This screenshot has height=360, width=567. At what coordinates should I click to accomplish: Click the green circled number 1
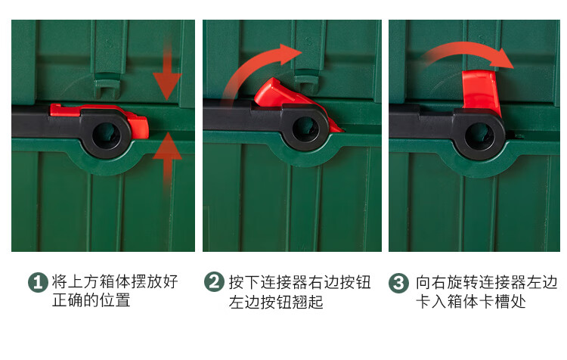38,283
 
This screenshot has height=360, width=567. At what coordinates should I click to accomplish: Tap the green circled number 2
214,282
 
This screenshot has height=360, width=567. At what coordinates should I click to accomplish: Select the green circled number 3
398,283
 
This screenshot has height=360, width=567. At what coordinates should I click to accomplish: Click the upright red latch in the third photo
481,92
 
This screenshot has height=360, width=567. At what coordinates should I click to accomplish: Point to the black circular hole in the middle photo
305,129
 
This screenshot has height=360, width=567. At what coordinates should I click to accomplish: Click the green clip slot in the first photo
107,85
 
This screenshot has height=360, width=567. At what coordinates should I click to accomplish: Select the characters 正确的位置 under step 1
91,300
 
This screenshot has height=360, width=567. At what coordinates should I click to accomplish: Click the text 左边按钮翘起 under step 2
276,302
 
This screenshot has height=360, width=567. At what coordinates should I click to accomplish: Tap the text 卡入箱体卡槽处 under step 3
471,302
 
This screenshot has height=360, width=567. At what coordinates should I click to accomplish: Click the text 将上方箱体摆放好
115,281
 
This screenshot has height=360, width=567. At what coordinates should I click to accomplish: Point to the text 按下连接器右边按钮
300,282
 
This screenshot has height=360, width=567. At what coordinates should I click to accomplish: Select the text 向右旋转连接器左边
487,282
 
